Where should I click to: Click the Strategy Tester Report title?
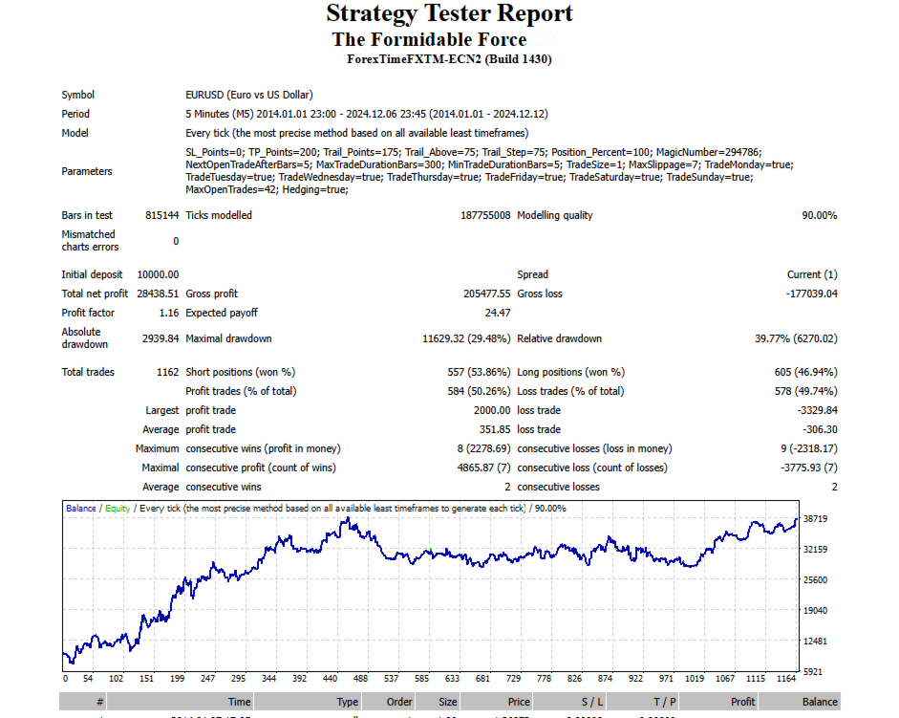tap(449, 13)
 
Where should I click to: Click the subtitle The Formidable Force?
tap(429, 39)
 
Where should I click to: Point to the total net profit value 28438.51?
tap(158, 294)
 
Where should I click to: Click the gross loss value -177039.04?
tap(804, 294)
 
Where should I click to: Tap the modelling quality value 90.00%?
tap(819, 215)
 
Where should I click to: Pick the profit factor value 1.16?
tap(168, 313)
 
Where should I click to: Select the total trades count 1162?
tap(167, 372)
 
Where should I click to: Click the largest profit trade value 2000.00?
tap(490, 410)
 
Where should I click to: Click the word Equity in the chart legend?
tap(118, 509)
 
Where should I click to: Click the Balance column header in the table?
tap(820, 702)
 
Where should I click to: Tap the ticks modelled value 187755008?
tap(485, 215)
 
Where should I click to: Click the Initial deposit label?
tap(91, 274)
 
